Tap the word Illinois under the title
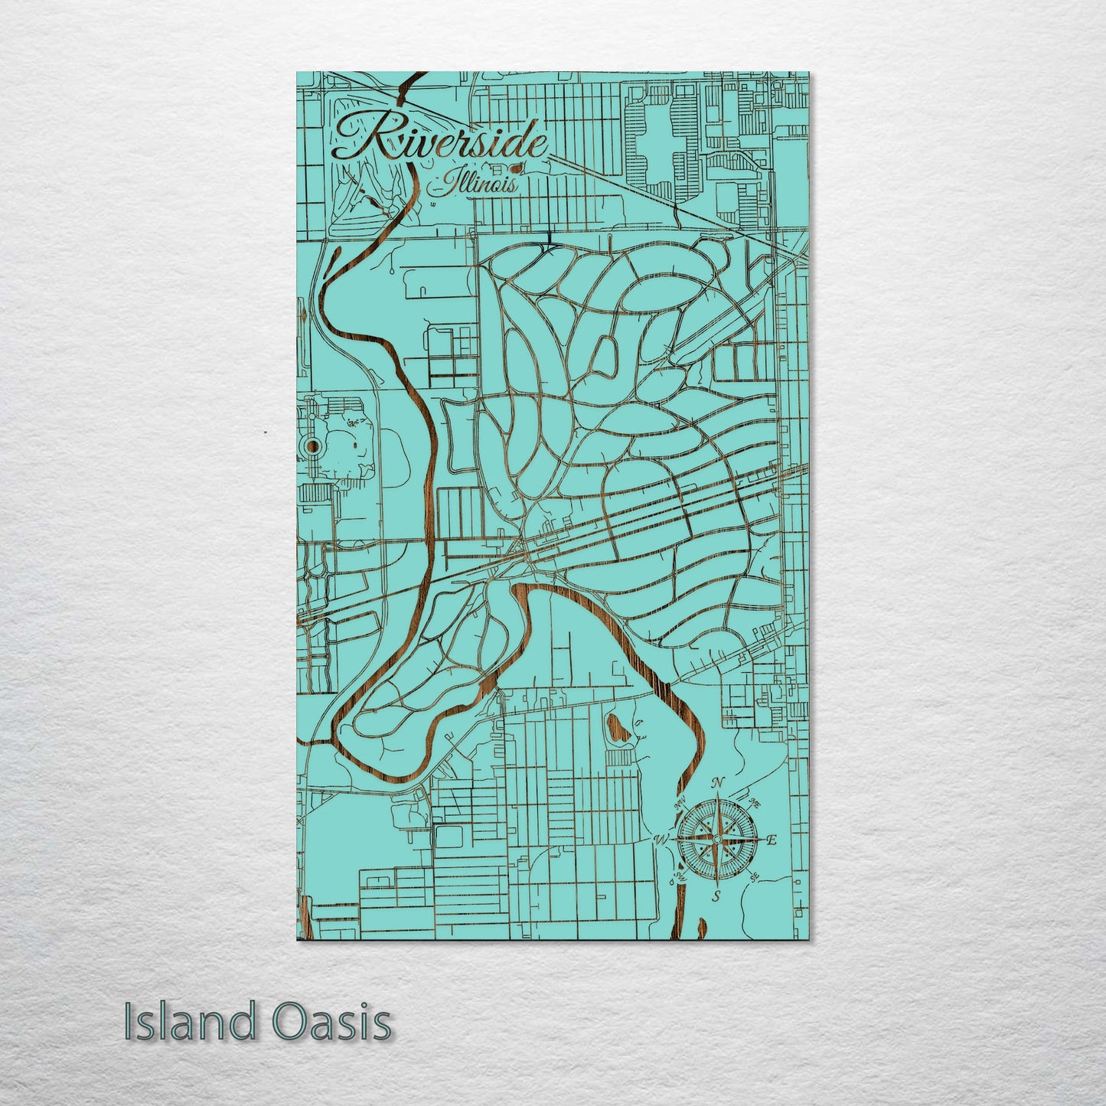coord(475,184)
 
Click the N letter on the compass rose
coord(717,782)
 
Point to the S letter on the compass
coord(716,896)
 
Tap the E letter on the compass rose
coord(772,840)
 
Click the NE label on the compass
coord(754,804)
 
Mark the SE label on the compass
coord(755,877)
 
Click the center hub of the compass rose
coord(716,840)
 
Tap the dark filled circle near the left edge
coord(313,446)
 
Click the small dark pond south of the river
coord(615,728)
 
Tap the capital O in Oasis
coord(288,1023)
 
